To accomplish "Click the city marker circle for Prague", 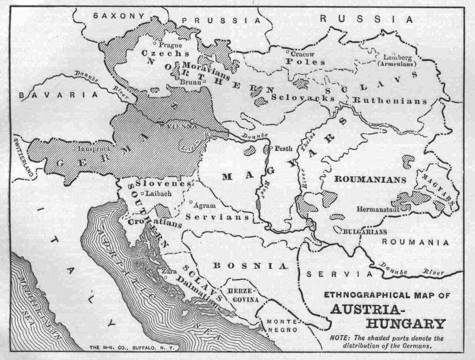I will coord(155,43).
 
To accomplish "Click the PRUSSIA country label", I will coord(221,20).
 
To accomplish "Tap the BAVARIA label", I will coord(59,95).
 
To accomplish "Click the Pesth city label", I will coord(284,148).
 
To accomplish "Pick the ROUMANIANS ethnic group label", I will coord(370,179).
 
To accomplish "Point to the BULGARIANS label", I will coord(360,232).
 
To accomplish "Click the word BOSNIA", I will coord(250,266).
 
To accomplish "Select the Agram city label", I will coord(205,205).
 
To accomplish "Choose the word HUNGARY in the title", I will coord(406,324).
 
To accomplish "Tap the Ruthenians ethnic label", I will coord(390,101).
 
